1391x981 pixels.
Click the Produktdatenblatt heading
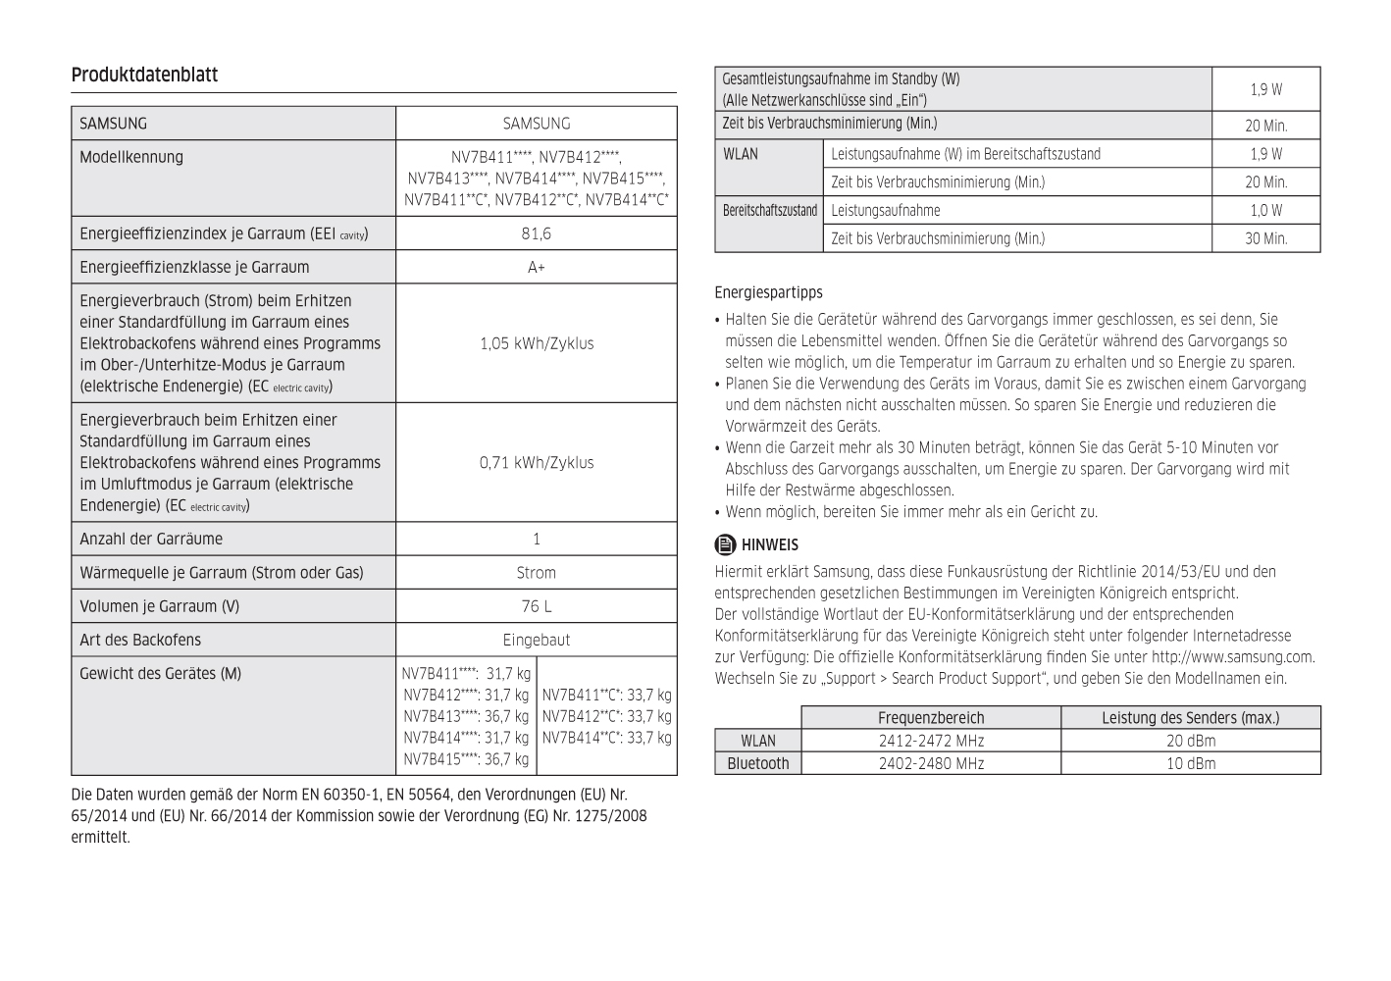(144, 76)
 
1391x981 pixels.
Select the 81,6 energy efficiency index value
(536, 233)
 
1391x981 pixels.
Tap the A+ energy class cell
(536, 267)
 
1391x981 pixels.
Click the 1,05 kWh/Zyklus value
(536, 343)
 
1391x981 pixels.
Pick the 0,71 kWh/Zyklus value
(536, 462)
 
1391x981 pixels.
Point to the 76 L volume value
(536, 606)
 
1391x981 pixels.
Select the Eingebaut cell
(536, 640)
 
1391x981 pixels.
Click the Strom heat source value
(536, 573)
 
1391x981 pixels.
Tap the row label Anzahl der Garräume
(151, 539)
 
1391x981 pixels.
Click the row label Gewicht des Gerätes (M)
(160, 673)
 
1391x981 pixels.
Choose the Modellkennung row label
(131, 157)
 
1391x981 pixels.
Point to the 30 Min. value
(1265, 238)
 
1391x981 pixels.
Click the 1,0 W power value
(1265, 210)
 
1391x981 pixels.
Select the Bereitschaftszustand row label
(769, 210)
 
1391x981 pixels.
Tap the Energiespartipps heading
(768, 292)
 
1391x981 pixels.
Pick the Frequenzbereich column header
(930, 718)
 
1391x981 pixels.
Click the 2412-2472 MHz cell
(930, 741)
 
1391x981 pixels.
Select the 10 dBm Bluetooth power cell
(1190, 763)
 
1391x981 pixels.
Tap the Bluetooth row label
(757, 763)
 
